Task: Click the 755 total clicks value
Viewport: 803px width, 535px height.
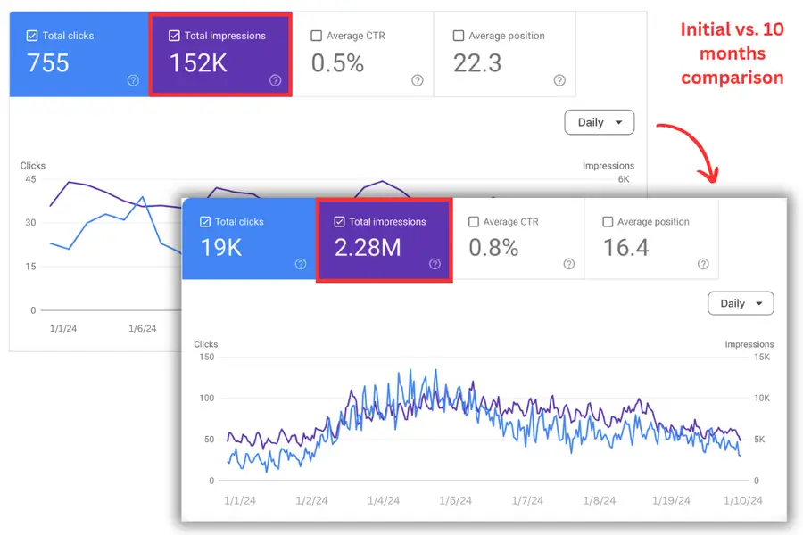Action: click(x=48, y=63)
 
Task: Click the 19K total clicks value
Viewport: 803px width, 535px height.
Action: click(x=221, y=247)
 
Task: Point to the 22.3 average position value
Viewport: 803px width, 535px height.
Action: click(x=477, y=63)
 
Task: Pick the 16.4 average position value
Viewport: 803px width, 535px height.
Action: click(x=625, y=247)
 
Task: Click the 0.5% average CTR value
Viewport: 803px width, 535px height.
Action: click(x=337, y=63)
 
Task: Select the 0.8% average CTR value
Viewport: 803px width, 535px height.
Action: click(x=493, y=247)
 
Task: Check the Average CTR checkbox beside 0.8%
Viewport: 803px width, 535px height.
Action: click(x=474, y=222)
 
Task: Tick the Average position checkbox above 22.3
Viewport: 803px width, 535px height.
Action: click(x=459, y=36)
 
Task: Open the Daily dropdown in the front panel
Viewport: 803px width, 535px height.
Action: click(x=741, y=303)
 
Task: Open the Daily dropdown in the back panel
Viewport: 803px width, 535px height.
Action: click(x=599, y=122)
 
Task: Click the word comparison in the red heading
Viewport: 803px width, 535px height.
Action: click(x=732, y=78)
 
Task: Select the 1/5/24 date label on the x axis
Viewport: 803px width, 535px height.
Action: click(x=455, y=501)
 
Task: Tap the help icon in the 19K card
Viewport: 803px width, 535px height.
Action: click(x=301, y=264)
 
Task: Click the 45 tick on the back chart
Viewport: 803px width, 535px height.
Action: click(x=30, y=178)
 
